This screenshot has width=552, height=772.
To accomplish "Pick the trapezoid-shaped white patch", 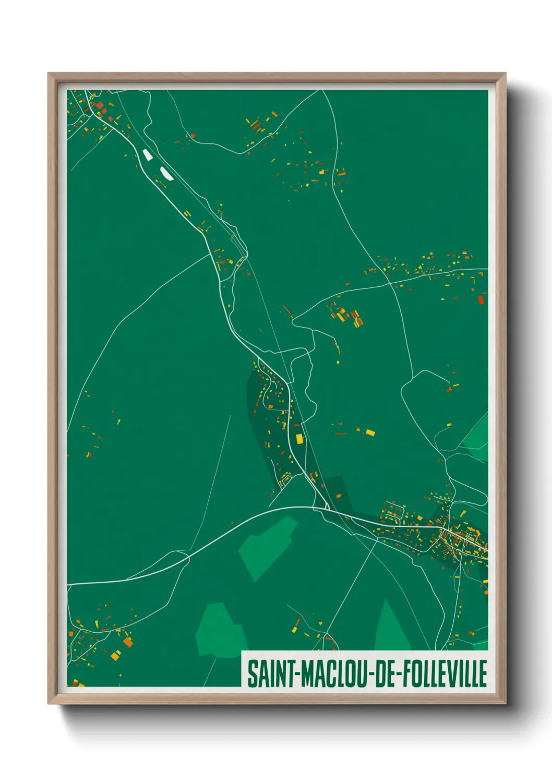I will pyautogui.click(x=147, y=155).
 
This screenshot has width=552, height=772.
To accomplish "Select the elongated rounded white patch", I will pyautogui.click(x=166, y=173).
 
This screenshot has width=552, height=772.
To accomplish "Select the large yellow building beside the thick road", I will pyautogui.click(x=299, y=438).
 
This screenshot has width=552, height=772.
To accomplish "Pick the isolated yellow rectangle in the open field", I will pyautogui.click(x=370, y=432).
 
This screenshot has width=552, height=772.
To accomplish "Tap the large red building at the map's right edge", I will pyautogui.click(x=481, y=299).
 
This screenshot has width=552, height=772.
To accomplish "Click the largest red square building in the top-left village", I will pyautogui.click(x=100, y=105).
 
